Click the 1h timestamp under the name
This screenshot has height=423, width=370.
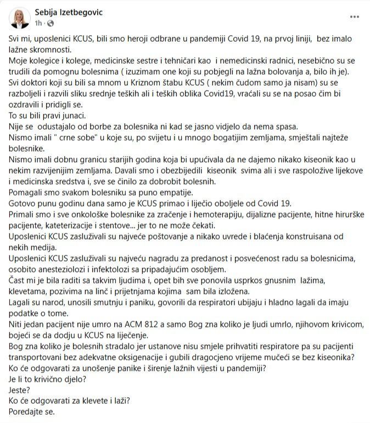coord(38,24)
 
